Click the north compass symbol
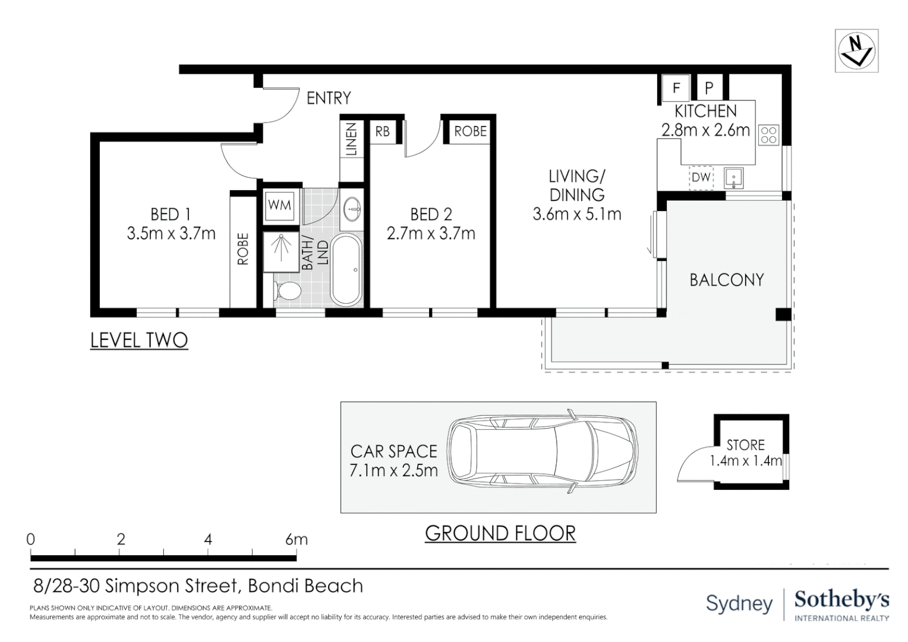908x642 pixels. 856,51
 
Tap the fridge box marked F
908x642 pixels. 676,87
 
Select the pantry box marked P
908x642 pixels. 709,87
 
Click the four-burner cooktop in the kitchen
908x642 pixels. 768,136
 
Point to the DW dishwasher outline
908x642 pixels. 701,178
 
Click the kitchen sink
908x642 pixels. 734,178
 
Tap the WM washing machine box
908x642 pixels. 279,206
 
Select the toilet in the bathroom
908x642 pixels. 288,291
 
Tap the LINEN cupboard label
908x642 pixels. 351,139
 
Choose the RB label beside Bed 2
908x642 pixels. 382,131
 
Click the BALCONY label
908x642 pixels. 727,280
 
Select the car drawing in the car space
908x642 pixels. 543,451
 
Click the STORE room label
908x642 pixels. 745,445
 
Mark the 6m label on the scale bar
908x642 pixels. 297,539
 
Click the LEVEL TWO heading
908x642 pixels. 139,340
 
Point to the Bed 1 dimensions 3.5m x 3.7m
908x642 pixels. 171,234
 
